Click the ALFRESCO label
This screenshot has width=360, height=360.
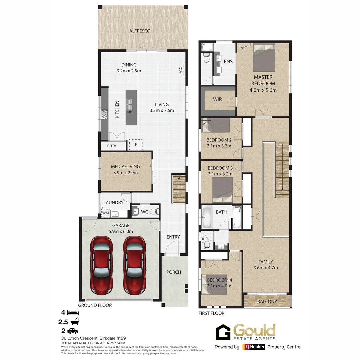[x=140, y=31]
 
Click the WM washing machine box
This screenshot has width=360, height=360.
[x=106, y=213]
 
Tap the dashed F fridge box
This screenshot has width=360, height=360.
[x=136, y=145]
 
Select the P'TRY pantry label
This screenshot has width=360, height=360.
[x=112, y=146]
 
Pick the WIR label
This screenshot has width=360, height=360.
[x=217, y=99]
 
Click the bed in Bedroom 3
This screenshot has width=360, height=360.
[x=222, y=189]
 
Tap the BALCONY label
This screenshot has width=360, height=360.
[x=267, y=301]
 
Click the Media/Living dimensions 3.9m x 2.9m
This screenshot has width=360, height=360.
[x=125, y=173]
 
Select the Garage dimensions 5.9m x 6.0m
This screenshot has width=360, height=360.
[x=120, y=231]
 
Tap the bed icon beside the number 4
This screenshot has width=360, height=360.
[x=73, y=313]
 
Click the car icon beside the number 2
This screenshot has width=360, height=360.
[x=73, y=331]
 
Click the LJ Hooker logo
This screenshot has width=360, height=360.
[x=254, y=347]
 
